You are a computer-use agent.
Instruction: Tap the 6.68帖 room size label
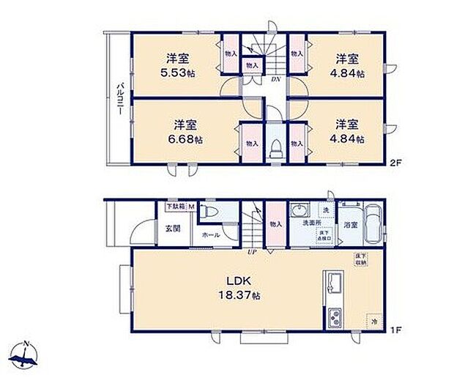pyautogui.click(x=188, y=139)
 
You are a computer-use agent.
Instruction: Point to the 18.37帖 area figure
pyautogui.click(x=245, y=295)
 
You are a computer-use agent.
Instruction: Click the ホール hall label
pyautogui.click(x=210, y=235)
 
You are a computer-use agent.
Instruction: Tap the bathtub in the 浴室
pyautogui.click(x=372, y=225)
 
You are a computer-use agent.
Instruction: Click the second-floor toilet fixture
pyautogui.click(x=275, y=149)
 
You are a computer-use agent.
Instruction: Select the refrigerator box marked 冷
pyautogui.click(x=373, y=321)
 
